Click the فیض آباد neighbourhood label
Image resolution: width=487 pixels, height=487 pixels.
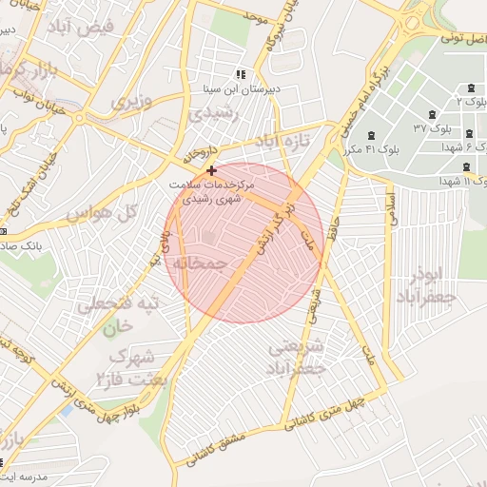pos(111,28)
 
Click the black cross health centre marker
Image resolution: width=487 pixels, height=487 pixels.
pos(210,170)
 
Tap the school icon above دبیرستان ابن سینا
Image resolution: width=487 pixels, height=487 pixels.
pos(240,73)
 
